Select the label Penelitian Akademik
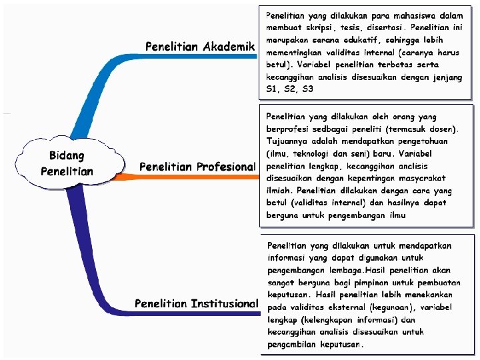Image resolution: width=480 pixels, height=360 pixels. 201,47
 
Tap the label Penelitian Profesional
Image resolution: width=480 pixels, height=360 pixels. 197,167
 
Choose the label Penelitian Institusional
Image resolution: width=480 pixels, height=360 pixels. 196,304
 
